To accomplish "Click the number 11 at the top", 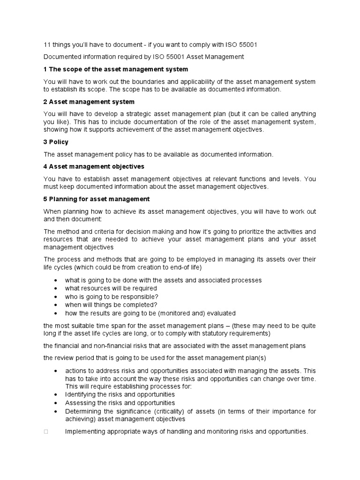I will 47,45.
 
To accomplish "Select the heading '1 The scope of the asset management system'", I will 115,69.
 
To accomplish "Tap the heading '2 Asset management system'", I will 89,102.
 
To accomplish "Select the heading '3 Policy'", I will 56,142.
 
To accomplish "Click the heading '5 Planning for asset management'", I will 96,199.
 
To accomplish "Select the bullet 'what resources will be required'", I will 111,288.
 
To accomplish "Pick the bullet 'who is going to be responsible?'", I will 112,297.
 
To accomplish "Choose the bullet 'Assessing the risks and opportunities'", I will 120,403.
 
